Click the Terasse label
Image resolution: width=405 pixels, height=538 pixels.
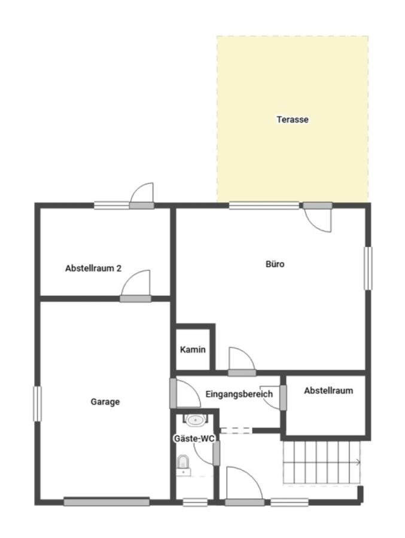click(x=293, y=120)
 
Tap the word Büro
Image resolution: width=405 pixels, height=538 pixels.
click(x=275, y=264)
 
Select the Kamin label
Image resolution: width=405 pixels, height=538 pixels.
click(x=193, y=350)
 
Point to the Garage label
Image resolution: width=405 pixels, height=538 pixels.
click(x=105, y=402)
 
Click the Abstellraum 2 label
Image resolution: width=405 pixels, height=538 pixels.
click(x=93, y=268)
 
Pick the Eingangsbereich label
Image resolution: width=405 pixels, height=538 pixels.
click(x=239, y=394)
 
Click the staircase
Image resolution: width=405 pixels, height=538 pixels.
click(x=321, y=462)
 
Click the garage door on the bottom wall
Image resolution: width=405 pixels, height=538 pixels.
click(x=106, y=502)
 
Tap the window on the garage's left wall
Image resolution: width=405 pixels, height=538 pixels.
click(x=37, y=404)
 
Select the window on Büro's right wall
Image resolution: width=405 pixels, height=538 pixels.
click(x=368, y=268)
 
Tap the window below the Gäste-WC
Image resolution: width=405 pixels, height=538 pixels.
click(x=195, y=503)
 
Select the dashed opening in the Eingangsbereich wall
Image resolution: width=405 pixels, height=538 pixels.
click(x=236, y=430)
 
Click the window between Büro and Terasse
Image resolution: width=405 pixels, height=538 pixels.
click(x=264, y=206)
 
